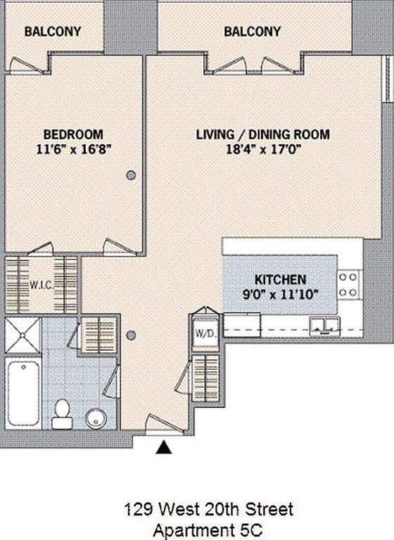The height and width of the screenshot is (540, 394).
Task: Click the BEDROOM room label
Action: [x=73, y=134]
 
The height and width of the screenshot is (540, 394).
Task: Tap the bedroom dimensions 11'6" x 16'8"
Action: [x=73, y=148]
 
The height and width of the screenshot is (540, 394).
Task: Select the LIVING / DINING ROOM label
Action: [x=262, y=134]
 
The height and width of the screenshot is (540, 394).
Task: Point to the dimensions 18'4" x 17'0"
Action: [x=262, y=148]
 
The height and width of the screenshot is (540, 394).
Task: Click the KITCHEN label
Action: [x=279, y=278]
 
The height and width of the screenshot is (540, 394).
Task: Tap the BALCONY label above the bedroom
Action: [x=52, y=32]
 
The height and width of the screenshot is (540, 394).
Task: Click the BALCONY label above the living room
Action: [x=252, y=32]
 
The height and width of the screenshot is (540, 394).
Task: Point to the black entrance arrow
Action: [x=164, y=446]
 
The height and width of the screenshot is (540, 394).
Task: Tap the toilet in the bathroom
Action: [x=62, y=413]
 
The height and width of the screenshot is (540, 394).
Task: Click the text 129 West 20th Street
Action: [x=209, y=508]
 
